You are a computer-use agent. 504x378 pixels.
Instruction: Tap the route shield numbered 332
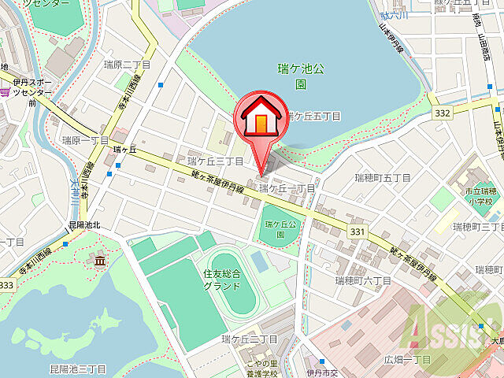coord(442,115)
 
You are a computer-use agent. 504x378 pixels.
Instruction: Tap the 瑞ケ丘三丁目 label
coord(214,161)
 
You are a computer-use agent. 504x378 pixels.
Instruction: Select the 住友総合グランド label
coord(222,280)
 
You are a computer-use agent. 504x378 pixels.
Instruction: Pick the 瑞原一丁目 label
coord(85,139)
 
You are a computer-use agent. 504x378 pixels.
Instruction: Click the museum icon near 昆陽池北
coord(100,261)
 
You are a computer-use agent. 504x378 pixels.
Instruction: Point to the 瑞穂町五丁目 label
coord(383,178)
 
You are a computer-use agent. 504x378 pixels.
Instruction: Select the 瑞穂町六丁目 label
coord(363,280)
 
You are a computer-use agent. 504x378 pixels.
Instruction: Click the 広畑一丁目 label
coord(407,359)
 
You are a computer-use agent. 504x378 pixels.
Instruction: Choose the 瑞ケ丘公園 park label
coord(280,229)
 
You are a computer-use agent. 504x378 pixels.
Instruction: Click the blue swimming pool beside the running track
coord(260,261)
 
